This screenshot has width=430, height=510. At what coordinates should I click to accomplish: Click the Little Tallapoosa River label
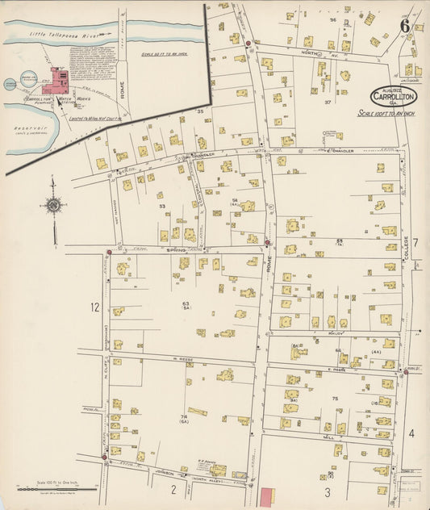[63, 34]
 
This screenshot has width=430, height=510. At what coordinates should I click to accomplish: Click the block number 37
[328, 102]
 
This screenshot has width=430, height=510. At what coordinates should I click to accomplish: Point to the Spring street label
[175, 249]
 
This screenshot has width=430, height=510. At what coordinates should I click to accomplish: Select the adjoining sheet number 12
[94, 307]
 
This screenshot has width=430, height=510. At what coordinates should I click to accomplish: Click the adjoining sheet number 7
[415, 242]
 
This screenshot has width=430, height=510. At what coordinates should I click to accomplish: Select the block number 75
[333, 398]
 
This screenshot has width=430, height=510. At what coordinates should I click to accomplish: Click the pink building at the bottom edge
[266, 499]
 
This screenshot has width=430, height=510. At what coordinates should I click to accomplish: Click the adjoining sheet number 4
[411, 433]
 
